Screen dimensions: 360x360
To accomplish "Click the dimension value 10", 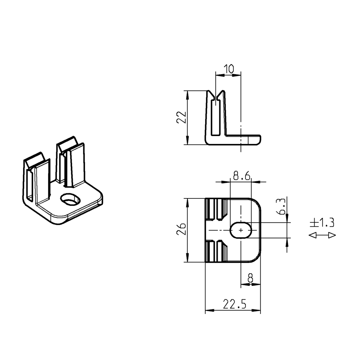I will tap(229, 68).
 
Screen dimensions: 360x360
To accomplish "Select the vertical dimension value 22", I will tap(181, 117).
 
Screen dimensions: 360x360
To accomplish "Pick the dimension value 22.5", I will tap(234, 305).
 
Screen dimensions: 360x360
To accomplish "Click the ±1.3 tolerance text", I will tap(322, 223).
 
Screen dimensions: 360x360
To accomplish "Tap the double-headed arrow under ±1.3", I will tap(323, 235).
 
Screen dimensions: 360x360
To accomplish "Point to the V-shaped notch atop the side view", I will tap(217, 95).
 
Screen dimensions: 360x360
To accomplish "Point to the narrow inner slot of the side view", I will tap(215, 119).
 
